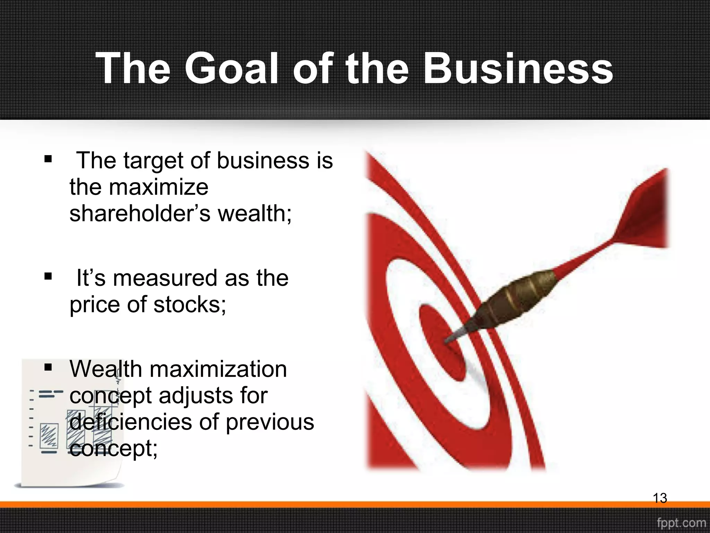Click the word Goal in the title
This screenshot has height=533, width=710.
click(x=231, y=68)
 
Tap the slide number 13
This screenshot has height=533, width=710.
click(x=660, y=498)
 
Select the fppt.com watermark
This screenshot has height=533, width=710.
click(x=681, y=523)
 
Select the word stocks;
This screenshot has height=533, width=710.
click(x=190, y=304)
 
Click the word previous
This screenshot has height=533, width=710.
click(x=270, y=423)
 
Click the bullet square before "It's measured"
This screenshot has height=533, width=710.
click(x=48, y=277)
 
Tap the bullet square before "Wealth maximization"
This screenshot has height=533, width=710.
click(x=48, y=367)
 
